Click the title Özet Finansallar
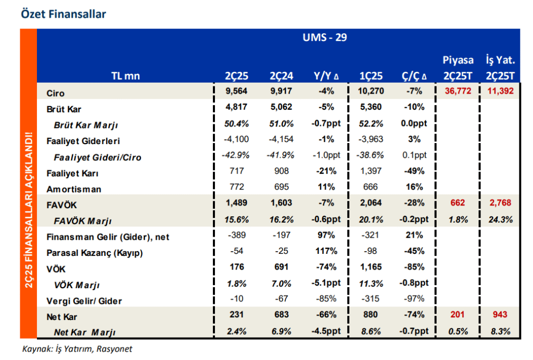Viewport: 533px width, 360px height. point(63,14)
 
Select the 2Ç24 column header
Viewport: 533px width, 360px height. point(281,76)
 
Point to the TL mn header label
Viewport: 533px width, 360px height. point(125,76)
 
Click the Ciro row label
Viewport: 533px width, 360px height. point(55,93)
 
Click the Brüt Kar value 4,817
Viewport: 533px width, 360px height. point(237,108)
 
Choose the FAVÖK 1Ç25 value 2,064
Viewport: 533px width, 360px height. point(372,203)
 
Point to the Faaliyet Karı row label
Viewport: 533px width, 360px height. point(72,173)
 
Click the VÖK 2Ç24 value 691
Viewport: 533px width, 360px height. point(281,268)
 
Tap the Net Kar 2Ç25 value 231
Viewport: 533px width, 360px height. point(237,315)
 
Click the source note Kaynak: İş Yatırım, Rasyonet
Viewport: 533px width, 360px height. point(77,349)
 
